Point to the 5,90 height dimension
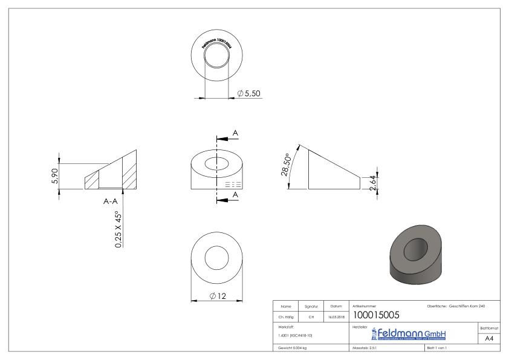point(55,176)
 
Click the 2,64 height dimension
point(373,180)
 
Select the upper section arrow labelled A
point(235,133)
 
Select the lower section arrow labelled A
point(235,195)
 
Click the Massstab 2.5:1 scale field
point(365,349)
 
